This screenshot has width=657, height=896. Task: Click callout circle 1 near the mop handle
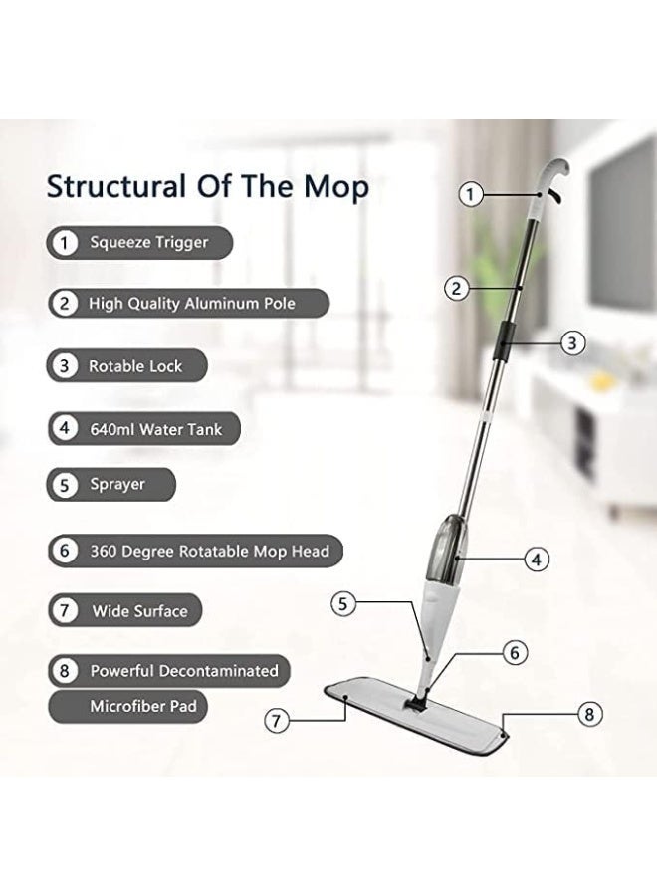(472, 194)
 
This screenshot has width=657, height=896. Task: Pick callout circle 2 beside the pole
(456, 289)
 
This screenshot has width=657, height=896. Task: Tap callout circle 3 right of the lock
(571, 343)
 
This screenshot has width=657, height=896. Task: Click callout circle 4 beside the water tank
(537, 559)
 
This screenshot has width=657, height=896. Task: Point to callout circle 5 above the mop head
(342, 601)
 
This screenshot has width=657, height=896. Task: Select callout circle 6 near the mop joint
(514, 653)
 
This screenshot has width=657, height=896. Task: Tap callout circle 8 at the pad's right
(591, 713)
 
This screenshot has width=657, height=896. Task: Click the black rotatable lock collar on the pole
(504, 341)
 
